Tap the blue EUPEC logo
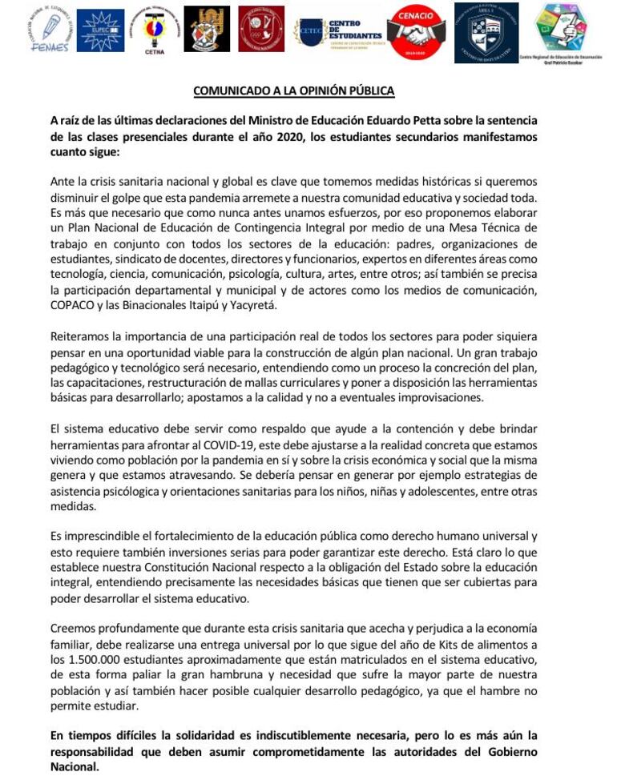coord(100,30)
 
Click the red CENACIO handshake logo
coord(417,31)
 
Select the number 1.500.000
coord(96,659)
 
